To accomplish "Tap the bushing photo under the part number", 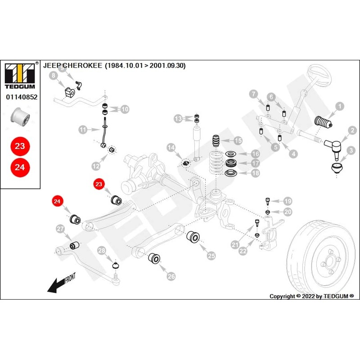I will [20, 117].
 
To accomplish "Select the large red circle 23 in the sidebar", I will [20, 146].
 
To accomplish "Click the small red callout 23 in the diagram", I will [99, 184].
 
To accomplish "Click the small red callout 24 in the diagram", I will [57, 202].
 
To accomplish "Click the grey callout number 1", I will [340, 106].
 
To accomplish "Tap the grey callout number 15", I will [238, 141].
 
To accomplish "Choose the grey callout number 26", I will [171, 277].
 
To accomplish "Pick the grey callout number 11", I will [83, 130].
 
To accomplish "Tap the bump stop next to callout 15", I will [216, 140].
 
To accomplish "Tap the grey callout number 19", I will [288, 201].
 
